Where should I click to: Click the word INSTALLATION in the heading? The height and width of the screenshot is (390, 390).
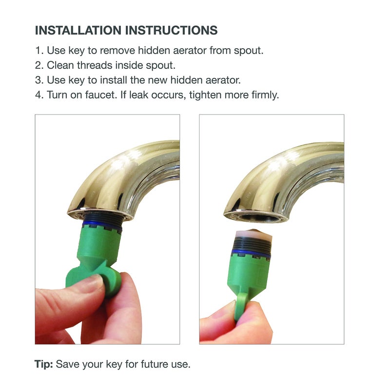click(78, 30)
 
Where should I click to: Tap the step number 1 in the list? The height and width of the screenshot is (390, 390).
click(38, 51)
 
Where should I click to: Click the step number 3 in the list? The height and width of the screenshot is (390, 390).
click(39, 80)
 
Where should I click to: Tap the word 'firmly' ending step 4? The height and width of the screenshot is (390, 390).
click(264, 95)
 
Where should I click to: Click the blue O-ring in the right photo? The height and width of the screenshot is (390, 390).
click(252, 252)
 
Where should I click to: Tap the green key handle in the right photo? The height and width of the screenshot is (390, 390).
click(242, 305)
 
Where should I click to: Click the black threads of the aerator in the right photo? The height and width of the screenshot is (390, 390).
click(252, 244)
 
